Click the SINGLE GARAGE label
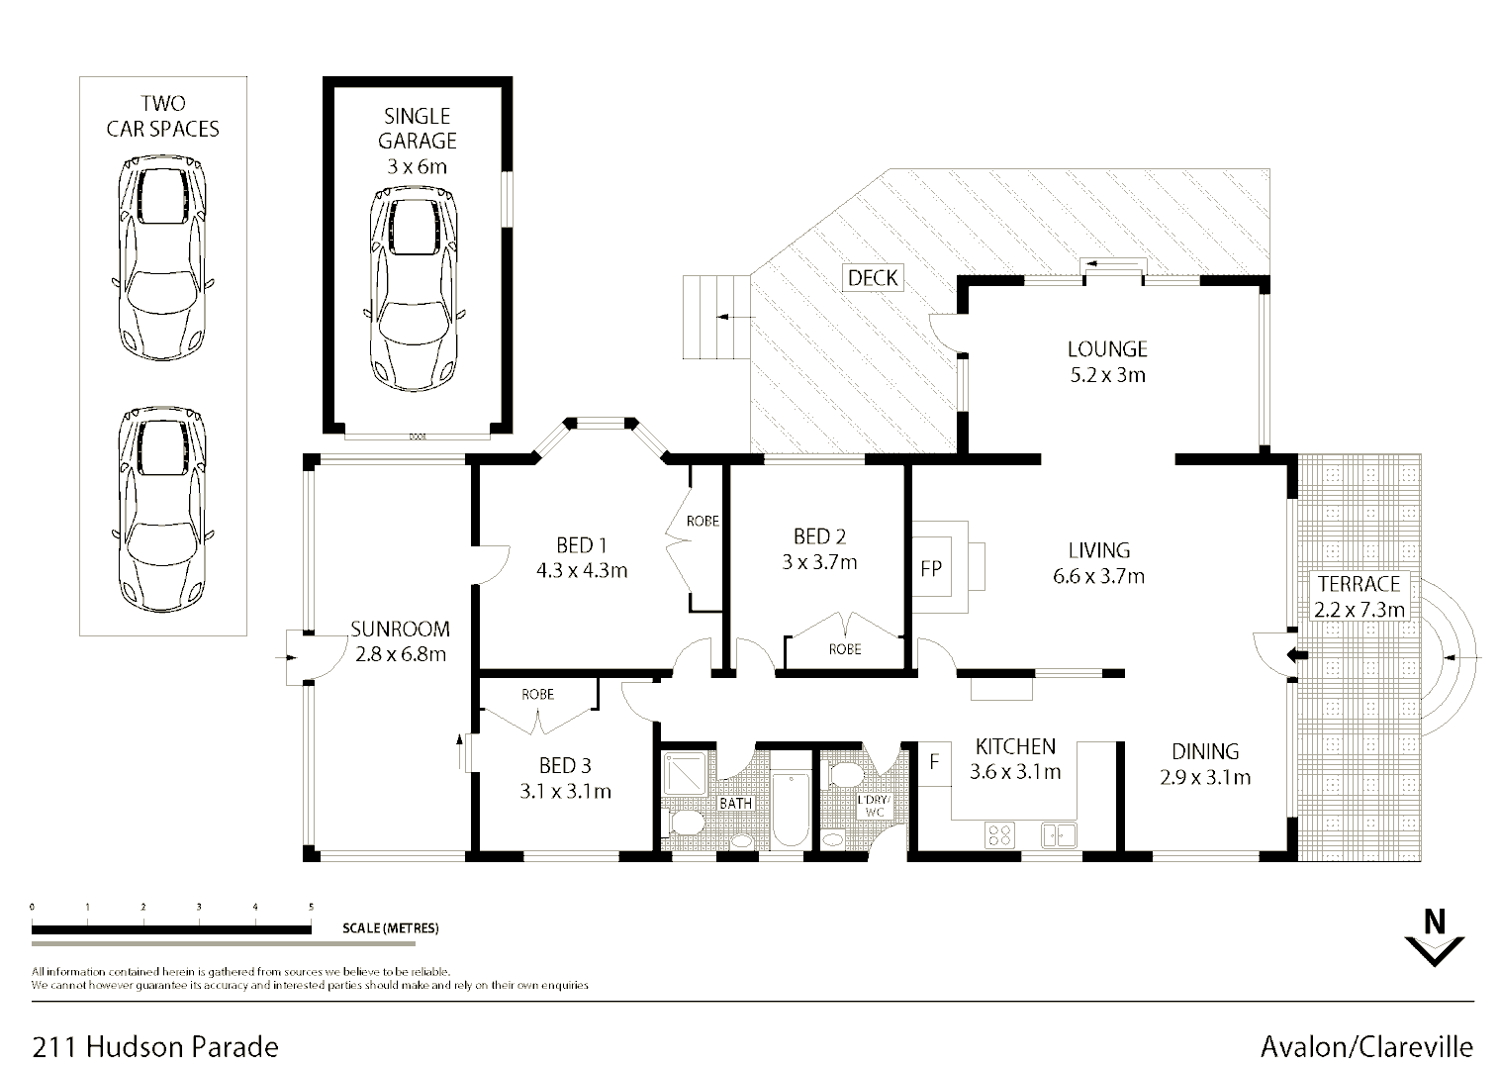pyautogui.click(x=417, y=129)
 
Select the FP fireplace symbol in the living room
pyautogui.click(x=932, y=568)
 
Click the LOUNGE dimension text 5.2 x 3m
pyautogui.click(x=1106, y=375)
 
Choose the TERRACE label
pyautogui.click(x=1359, y=584)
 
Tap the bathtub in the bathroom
pyautogui.click(x=790, y=811)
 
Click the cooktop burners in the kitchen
pyautogui.click(x=999, y=835)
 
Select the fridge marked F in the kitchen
pyautogui.click(x=933, y=763)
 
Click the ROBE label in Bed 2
pyautogui.click(x=845, y=649)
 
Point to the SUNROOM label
pyautogui.click(x=400, y=629)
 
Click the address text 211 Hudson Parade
pyautogui.click(x=155, y=1046)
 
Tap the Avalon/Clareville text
pyautogui.click(x=1366, y=1046)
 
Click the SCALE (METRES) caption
pyautogui.click(x=390, y=928)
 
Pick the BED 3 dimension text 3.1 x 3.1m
pyautogui.click(x=565, y=791)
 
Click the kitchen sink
pyautogui.click(x=1057, y=835)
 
